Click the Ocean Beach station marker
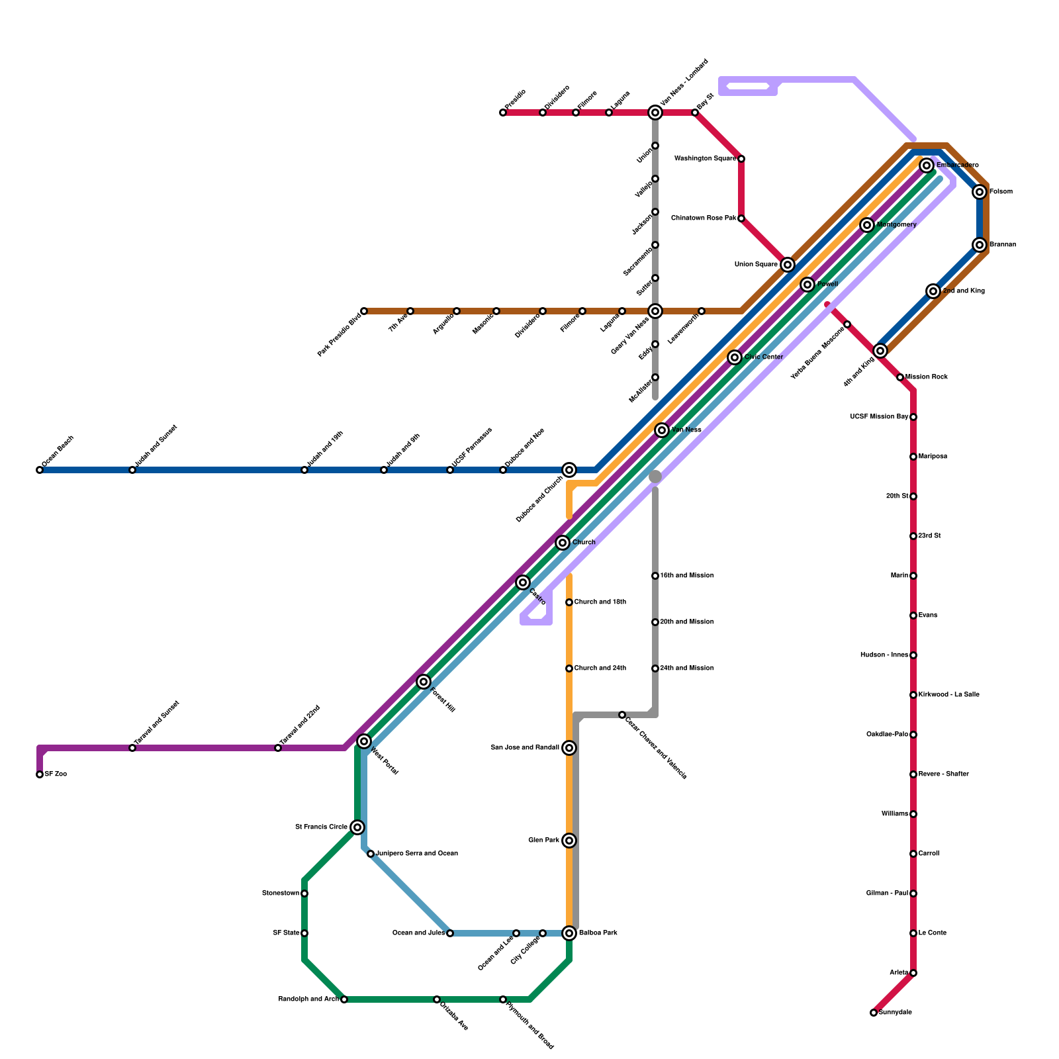point(40,470)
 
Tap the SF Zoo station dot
point(40,774)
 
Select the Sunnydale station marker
point(874,1013)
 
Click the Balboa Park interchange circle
point(569,933)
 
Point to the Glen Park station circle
point(569,841)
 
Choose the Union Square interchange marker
point(788,265)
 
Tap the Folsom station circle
point(980,192)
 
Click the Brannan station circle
point(980,245)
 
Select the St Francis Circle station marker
point(357,827)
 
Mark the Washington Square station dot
point(741,159)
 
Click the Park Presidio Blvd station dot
point(364,311)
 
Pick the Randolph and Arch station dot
point(344,999)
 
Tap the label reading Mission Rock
point(927,377)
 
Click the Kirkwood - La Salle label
point(948,695)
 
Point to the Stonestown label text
point(281,894)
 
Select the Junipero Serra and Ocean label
point(417,854)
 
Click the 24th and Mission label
point(687,668)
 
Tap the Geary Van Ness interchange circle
point(655,311)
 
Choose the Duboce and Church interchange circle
point(569,470)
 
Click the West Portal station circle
point(364,741)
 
